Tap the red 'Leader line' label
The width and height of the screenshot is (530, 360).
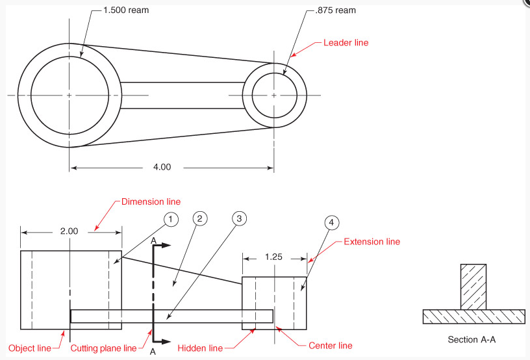pos(346,43)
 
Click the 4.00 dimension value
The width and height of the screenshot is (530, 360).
pos(162,167)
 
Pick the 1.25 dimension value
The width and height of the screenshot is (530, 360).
pos(274,257)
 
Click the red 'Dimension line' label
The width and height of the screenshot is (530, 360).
pos(151,202)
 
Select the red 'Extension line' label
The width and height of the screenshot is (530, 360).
pos(372,242)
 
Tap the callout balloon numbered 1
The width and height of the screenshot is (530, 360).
pos(170,220)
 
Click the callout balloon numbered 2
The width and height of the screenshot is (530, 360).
pos(201,218)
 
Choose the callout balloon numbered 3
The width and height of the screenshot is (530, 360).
pos(238,218)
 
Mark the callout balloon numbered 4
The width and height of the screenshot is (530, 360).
pos(331,222)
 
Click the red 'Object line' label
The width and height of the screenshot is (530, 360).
pos(30,348)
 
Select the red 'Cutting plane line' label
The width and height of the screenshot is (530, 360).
pos(104,348)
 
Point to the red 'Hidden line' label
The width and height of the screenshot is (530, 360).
pos(200,348)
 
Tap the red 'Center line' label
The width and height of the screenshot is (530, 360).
pos(331,345)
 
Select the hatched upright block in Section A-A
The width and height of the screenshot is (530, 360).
pos(473,287)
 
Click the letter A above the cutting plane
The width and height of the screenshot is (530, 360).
pos(153,240)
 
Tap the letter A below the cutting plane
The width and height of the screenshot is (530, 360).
pos(153,352)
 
